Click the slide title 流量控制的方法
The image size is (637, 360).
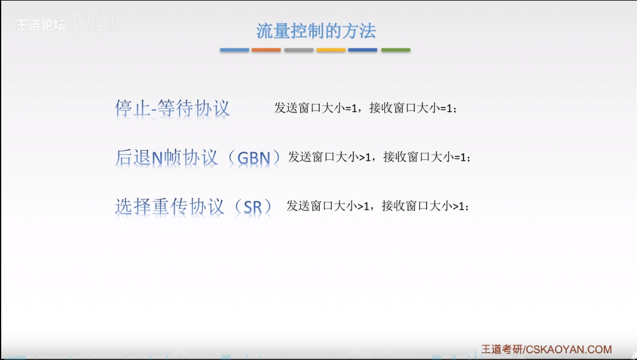[x=316, y=30]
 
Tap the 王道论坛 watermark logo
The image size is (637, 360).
[x=40, y=26]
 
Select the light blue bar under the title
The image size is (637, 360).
[x=234, y=50]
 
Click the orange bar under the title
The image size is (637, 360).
[x=266, y=50]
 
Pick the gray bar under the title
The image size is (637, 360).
[x=299, y=50]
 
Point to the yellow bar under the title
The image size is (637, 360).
[x=331, y=50]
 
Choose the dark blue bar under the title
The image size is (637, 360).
[x=363, y=50]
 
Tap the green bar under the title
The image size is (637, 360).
[x=395, y=50]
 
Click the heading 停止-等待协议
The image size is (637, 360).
[x=172, y=109]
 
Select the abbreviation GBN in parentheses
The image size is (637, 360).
[x=253, y=158]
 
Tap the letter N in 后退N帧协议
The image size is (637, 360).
[x=157, y=158]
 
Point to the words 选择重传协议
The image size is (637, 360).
[x=170, y=207]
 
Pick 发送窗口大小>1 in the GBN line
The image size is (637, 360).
[x=330, y=157]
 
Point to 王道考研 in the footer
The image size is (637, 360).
[x=502, y=350]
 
